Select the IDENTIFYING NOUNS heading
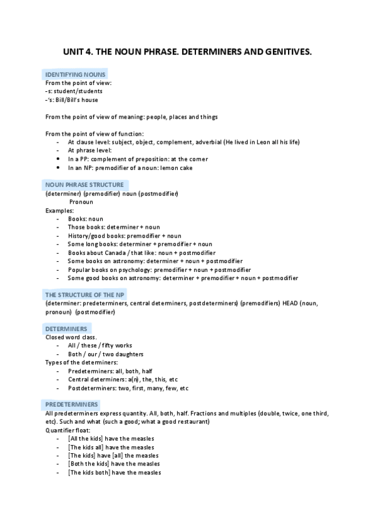tap(75, 75)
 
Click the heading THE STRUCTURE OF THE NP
tap(85, 294)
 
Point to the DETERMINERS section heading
tap(66, 329)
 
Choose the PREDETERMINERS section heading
tap(71, 404)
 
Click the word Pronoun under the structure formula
tap(81, 202)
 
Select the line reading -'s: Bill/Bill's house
tap(71, 99)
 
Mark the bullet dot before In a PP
tap(58, 159)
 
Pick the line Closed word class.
tap(71, 337)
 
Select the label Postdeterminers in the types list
tap(91, 388)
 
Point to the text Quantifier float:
tap(68, 430)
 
